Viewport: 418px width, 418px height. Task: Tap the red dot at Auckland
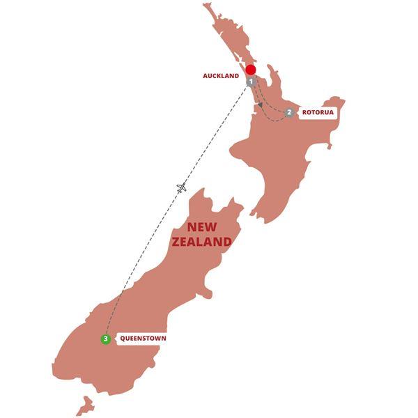point(250,70)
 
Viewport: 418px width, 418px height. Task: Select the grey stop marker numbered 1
point(251,82)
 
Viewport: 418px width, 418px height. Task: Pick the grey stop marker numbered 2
point(288,112)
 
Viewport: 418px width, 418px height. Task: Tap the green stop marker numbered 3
point(105,339)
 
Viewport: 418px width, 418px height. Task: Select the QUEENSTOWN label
point(142,339)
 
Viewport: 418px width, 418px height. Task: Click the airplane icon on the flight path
point(182,187)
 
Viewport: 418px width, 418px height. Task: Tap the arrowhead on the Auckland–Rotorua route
point(261,104)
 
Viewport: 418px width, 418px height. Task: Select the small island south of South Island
point(84,405)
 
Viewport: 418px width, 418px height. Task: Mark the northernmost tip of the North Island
point(206,6)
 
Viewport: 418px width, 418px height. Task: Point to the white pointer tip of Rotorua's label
point(297,112)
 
